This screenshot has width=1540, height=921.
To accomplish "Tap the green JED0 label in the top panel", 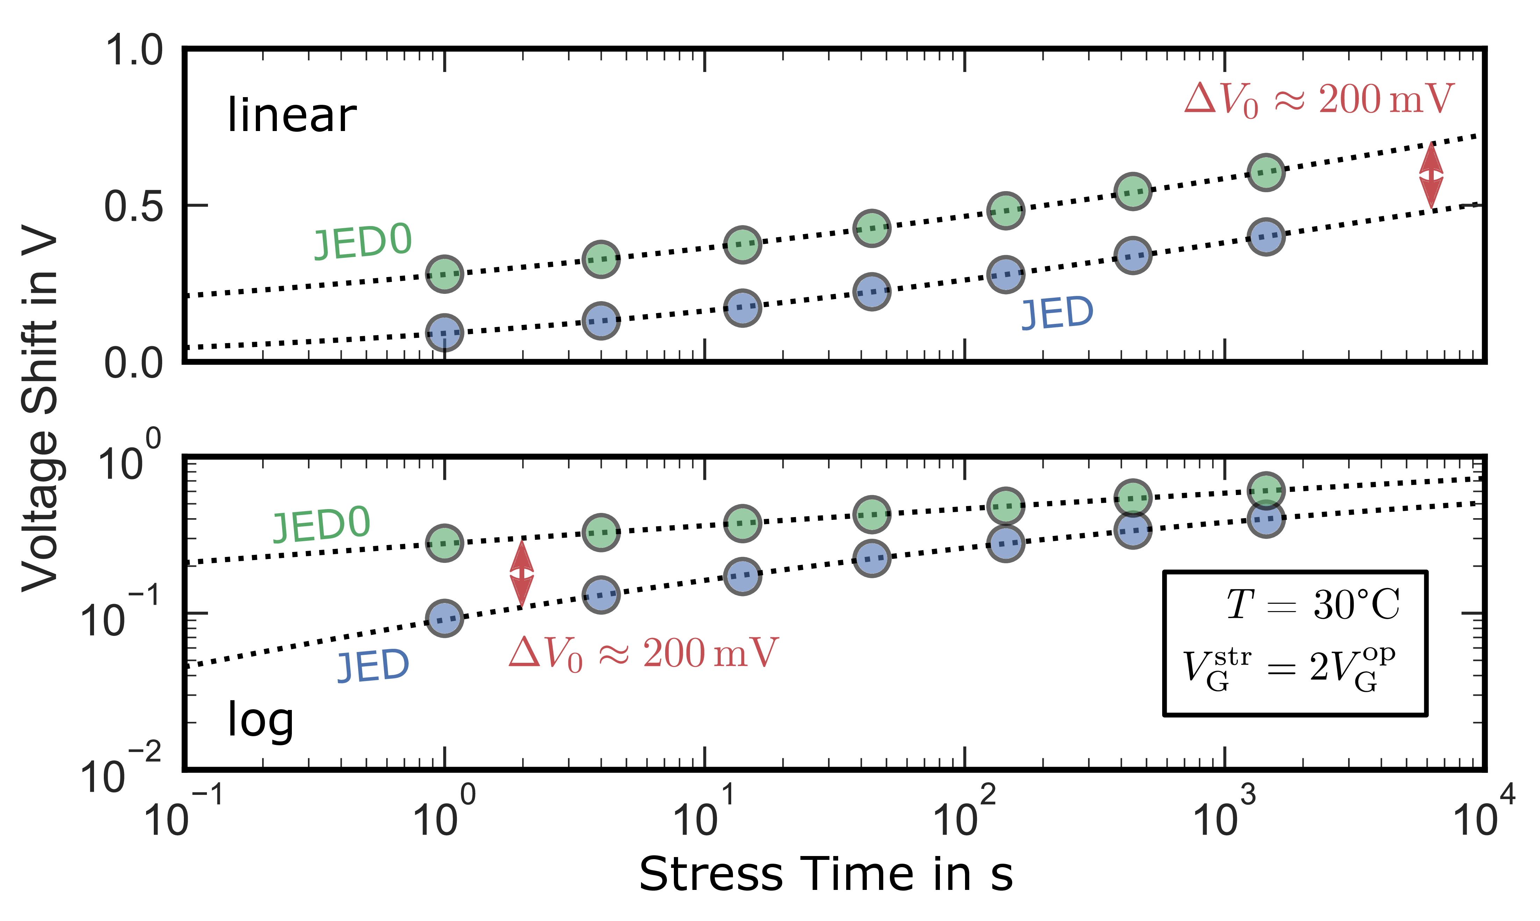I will tap(363, 242).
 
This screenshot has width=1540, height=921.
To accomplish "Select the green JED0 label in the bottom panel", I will tap(322, 525).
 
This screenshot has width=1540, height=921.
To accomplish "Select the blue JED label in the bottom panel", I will tap(373, 666).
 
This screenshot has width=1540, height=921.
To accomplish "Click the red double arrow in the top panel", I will tap(1431, 175).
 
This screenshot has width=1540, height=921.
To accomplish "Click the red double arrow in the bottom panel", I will tap(521, 573).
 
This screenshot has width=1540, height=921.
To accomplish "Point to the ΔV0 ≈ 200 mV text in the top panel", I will tap(1319, 101).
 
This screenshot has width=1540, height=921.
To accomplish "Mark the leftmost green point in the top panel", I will tap(445, 273).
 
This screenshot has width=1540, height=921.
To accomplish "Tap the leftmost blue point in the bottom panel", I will tap(445, 618).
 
